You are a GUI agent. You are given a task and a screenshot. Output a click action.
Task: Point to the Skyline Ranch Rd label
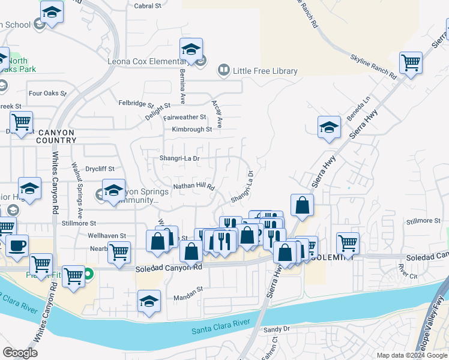[x=373, y=67]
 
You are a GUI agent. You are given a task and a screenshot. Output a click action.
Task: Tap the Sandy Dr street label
[x=277, y=329]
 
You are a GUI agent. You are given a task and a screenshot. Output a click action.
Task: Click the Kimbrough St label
[x=191, y=129]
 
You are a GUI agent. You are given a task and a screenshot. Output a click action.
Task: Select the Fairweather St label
[x=184, y=118]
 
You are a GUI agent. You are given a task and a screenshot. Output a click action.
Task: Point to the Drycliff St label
[x=100, y=169]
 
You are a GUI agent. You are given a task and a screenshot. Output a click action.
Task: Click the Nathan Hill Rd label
[x=194, y=187]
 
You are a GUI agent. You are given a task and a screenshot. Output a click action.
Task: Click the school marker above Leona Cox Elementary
[x=191, y=49]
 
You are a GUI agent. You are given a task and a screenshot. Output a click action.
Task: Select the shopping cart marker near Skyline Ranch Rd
[x=411, y=62]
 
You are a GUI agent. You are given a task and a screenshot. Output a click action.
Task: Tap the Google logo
[x=20, y=353]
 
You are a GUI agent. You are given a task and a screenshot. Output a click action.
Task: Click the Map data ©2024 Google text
[x=411, y=355]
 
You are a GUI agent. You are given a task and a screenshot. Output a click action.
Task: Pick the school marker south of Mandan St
[x=149, y=301]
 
